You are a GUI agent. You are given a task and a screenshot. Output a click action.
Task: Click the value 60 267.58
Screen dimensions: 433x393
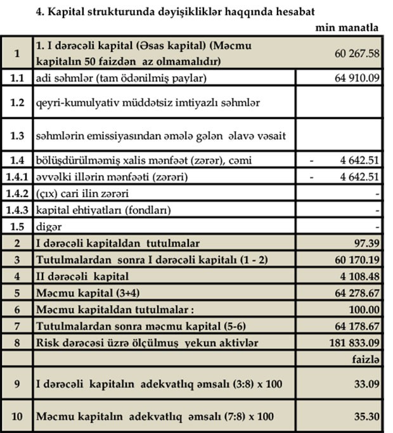tap(357, 54)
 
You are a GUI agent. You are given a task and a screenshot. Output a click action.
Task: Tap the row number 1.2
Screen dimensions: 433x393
tap(17, 101)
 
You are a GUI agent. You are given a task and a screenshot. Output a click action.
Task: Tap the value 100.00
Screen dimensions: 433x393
tap(364, 309)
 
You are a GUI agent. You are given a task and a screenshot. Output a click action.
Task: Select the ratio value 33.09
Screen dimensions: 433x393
tap(366, 384)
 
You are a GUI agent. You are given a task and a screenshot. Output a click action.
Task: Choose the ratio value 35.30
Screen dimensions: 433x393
tap(366, 417)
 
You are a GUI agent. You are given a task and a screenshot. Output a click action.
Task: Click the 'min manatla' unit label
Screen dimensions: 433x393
tap(347, 27)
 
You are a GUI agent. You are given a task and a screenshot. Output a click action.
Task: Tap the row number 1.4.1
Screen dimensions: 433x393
tap(17, 176)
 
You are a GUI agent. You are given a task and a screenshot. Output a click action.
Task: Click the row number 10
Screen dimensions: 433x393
tap(17, 417)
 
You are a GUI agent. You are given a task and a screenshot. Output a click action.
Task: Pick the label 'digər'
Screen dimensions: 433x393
tap(49, 226)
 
